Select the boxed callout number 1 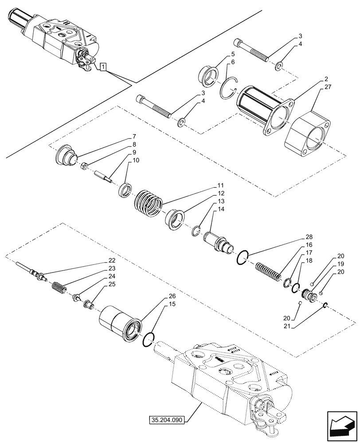coord(103,67)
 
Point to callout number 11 coord(220,185)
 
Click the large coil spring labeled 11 coord(149,203)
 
